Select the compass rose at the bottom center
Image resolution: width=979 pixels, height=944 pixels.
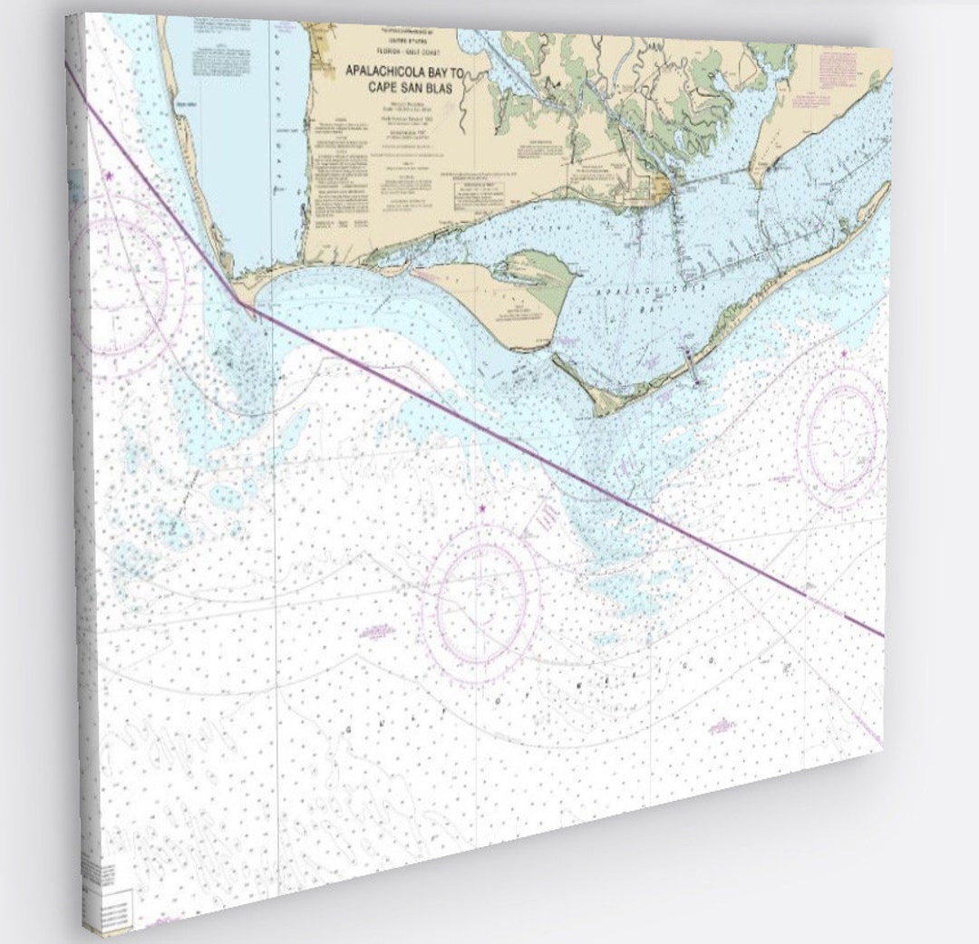(x=480, y=602)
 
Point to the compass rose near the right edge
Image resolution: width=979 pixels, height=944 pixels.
(x=843, y=433)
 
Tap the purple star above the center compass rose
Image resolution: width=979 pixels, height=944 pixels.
(x=481, y=510)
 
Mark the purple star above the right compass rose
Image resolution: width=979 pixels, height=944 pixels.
(x=845, y=353)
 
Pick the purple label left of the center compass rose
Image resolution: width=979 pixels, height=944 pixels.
(x=374, y=631)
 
